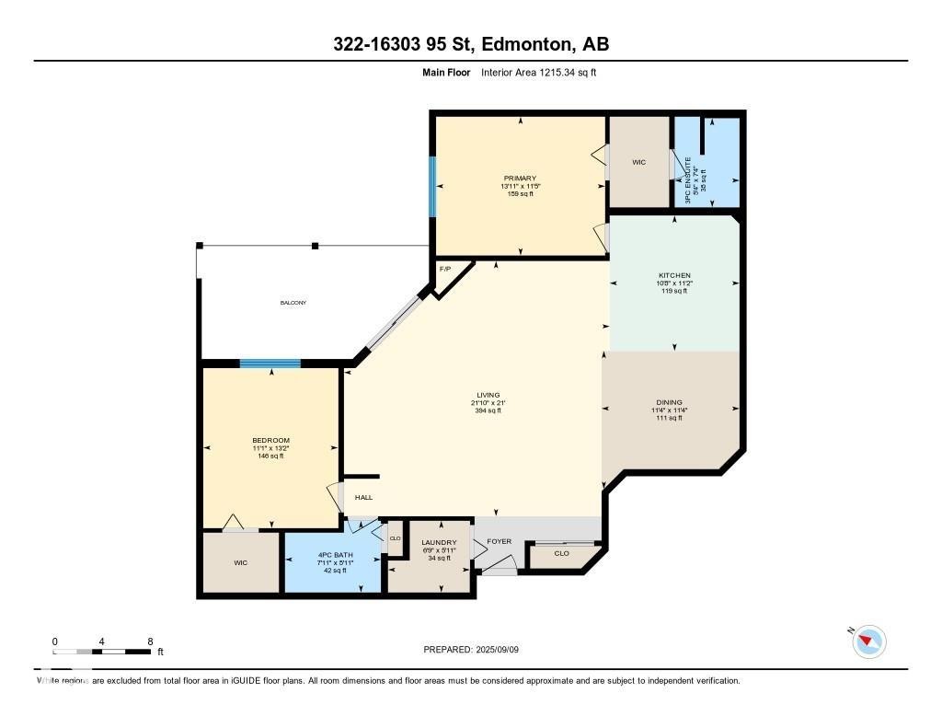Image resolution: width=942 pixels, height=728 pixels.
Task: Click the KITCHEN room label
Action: (x=673, y=275)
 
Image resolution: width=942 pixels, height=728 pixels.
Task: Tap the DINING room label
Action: (x=669, y=402)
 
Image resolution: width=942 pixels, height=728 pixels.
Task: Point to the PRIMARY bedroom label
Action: (x=520, y=179)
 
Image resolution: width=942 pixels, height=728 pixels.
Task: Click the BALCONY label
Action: (x=293, y=303)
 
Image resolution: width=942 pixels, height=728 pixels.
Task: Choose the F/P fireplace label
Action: (x=445, y=269)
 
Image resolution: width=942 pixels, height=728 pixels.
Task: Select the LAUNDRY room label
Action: (x=439, y=543)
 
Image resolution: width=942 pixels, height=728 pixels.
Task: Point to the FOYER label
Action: (x=499, y=541)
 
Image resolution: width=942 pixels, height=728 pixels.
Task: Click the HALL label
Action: (x=364, y=498)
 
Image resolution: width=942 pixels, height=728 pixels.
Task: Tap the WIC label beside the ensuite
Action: (x=638, y=162)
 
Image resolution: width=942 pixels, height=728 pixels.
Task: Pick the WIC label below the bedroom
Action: (x=241, y=562)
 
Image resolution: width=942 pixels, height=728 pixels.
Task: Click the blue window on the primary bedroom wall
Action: (x=432, y=187)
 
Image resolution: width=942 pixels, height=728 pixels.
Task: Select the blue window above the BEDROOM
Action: (x=270, y=364)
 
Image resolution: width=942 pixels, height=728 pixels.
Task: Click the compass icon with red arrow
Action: (x=869, y=641)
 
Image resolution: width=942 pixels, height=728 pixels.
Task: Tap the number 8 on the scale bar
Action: (x=149, y=641)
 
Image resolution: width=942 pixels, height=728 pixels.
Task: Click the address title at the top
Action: (x=471, y=44)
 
